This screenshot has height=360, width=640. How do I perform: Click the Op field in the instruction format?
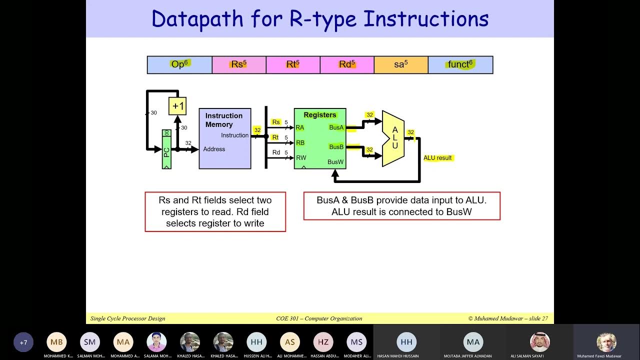179,64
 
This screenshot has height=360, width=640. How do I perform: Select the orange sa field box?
401,64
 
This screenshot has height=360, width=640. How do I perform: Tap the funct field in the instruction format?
460,64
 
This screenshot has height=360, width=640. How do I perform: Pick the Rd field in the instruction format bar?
347,64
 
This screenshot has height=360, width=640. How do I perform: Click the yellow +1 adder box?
177,106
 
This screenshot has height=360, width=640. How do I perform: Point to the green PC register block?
166,149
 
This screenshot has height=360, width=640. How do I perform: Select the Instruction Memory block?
224,138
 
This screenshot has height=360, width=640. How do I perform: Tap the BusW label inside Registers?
335,162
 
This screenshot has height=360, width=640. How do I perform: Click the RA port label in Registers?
300,127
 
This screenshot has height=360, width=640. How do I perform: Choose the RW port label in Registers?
301,158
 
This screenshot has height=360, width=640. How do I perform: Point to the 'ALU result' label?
437,158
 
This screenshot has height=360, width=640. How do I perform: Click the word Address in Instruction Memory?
214,149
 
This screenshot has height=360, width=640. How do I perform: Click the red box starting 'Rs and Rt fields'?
215,211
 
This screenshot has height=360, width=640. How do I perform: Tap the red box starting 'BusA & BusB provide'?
401,206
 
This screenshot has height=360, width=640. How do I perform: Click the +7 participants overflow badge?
23,342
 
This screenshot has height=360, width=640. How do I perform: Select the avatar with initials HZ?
323,342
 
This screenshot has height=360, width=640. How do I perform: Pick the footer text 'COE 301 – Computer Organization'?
319,318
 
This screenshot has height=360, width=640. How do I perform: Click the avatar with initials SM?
89,342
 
